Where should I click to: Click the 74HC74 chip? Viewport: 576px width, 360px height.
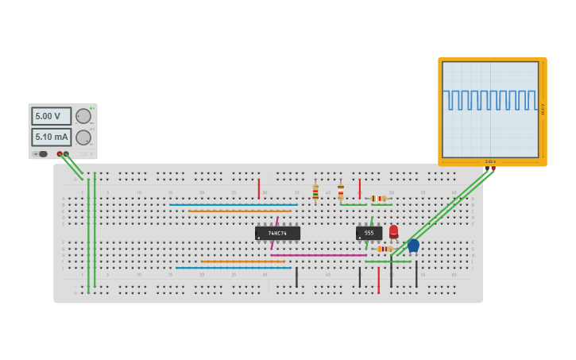pos(277,233)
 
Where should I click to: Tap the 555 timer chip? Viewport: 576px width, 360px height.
pos(369,233)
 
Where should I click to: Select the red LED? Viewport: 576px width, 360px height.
pos(393,230)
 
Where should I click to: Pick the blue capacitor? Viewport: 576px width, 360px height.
pos(413,245)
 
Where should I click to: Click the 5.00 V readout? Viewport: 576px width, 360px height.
pos(51,116)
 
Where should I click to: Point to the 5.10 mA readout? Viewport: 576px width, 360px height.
pos(51,137)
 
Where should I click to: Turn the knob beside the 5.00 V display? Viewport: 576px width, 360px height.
pos(83,116)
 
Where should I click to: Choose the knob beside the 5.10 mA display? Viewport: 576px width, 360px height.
pos(83,137)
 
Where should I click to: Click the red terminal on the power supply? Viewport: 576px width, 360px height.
pos(60,154)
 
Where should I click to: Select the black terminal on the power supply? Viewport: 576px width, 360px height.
pos(66,154)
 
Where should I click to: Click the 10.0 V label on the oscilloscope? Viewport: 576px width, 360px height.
pos(543,109)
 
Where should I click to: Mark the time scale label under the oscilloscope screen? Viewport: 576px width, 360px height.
pos(490,161)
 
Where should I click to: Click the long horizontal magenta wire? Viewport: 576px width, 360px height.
pos(318,255)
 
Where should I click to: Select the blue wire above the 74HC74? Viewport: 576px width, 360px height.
pos(233,204)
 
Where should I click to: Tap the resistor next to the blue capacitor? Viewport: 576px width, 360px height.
pos(385,249)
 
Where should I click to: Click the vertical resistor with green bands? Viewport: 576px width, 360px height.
pos(315,193)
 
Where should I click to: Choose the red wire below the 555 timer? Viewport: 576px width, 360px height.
pos(378,280)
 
